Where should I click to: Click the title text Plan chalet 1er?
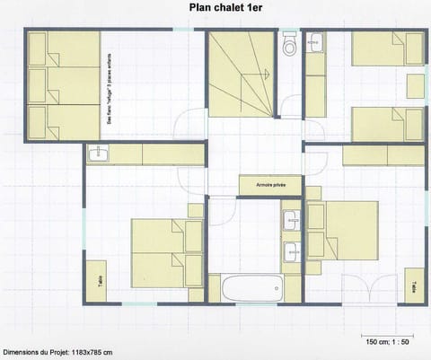[226, 8]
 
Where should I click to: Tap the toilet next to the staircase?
[289, 46]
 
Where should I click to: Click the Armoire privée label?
[269, 185]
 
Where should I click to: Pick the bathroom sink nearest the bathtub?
[291, 253]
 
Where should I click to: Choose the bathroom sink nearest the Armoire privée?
[291, 219]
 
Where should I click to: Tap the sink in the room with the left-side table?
[98, 154]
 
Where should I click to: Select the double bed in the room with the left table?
[164, 252]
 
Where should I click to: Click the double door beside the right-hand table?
[369, 285]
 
